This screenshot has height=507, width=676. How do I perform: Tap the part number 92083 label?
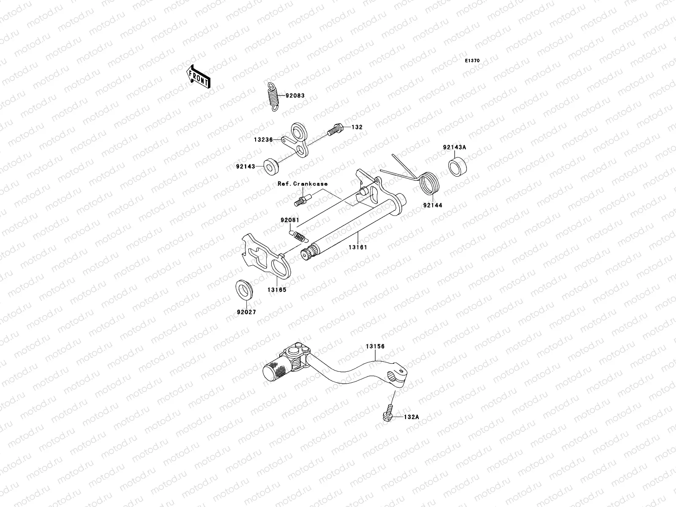(x=294, y=96)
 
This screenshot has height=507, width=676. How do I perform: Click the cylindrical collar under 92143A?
(x=457, y=166)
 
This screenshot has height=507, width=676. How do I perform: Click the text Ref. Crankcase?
(x=303, y=184)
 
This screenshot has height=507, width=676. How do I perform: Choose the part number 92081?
(x=290, y=220)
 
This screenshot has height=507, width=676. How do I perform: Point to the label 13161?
(x=358, y=247)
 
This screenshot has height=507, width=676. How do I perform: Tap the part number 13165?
(x=276, y=290)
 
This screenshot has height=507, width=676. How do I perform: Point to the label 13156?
(x=375, y=346)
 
